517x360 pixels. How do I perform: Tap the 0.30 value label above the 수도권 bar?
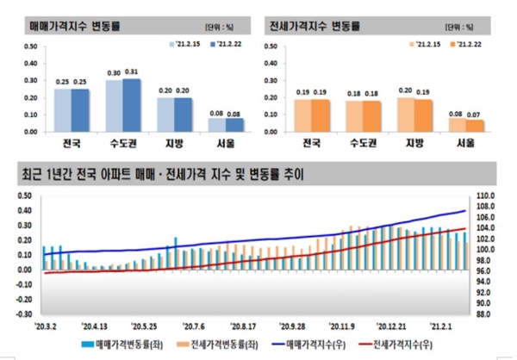click(x=115, y=72)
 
